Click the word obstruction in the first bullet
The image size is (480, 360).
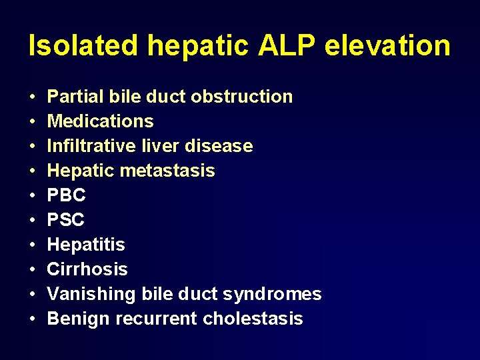(241, 97)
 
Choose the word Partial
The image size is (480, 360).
(75, 97)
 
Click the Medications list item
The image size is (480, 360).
(101, 121)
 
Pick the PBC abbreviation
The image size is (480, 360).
(67, 195)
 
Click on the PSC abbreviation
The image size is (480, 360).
(66, 220)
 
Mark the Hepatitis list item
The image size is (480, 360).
(86, 245)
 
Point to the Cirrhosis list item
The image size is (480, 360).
(87, 269)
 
